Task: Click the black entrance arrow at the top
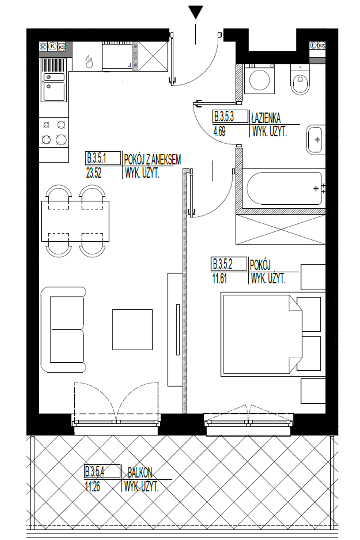196,13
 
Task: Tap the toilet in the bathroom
300,79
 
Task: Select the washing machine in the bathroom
260,79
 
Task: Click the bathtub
284,188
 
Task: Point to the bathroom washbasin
315,140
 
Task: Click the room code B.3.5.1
96,158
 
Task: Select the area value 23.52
94,173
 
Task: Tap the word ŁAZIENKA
265,118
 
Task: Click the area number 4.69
219,132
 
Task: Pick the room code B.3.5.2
222,264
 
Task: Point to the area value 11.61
220,279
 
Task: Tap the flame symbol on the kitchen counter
89,62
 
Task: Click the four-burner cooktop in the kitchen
54,132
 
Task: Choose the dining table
75,221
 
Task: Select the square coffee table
132,329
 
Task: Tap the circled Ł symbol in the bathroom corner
313,45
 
